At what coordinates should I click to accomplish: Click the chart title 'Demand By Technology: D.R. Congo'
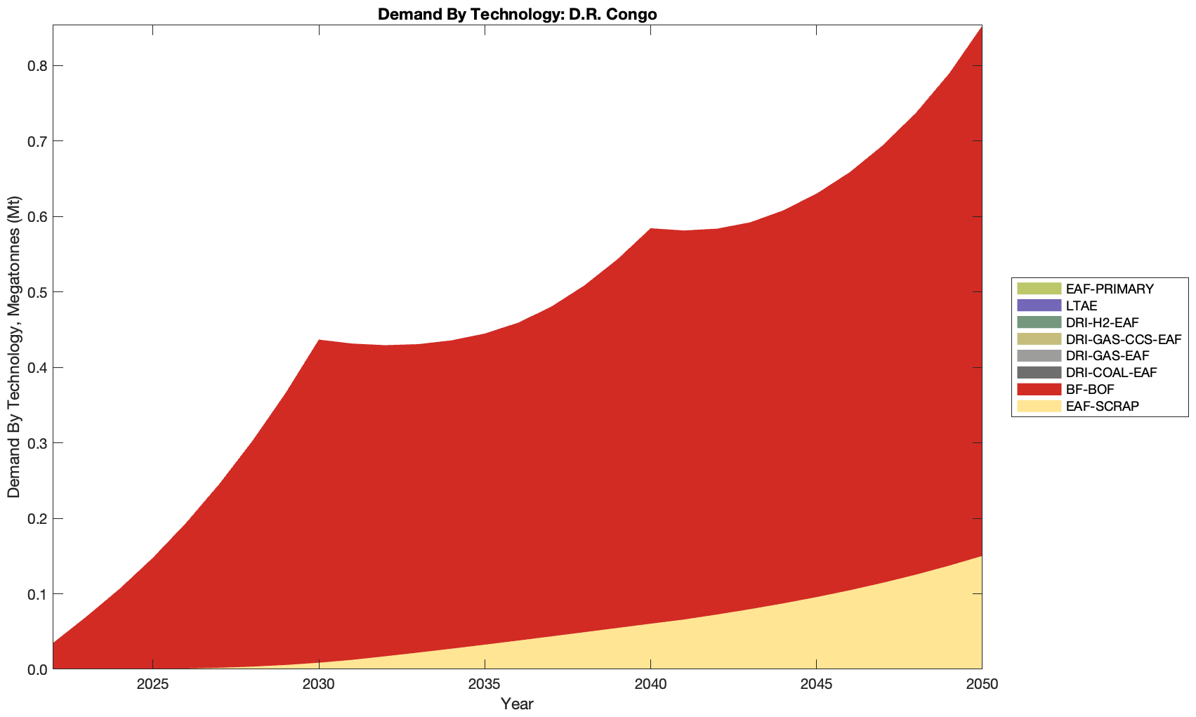pos(517,13)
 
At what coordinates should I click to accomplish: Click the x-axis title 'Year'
pos(517,704)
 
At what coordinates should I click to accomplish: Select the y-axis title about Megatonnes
pos(14,347)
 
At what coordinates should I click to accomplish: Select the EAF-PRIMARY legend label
pos(1109,289)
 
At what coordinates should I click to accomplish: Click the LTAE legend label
pos(1081,305)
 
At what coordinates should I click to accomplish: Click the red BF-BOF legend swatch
pos(1038,389)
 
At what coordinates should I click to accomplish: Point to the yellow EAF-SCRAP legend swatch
pos(1038,406)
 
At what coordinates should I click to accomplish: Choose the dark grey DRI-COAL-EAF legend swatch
pos(1038,372)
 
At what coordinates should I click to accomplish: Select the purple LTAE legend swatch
pos(1038,305)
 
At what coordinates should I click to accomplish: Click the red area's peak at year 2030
pos(319,341)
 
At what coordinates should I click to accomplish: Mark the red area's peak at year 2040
pos(650,230)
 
